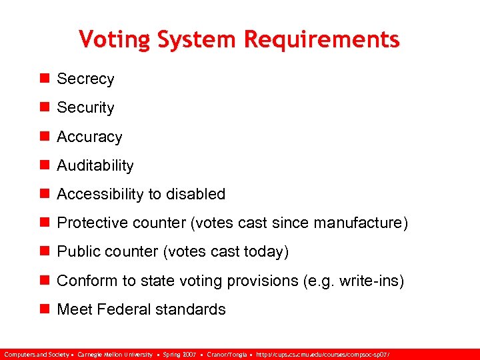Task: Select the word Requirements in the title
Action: [x=322, y=39]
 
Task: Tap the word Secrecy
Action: [x=85, y=79]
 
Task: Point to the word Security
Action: [x=85, y=107]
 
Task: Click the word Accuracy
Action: [x=89, y=137]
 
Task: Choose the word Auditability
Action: [x=95, y=165]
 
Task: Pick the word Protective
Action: [x=89, y=223]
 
